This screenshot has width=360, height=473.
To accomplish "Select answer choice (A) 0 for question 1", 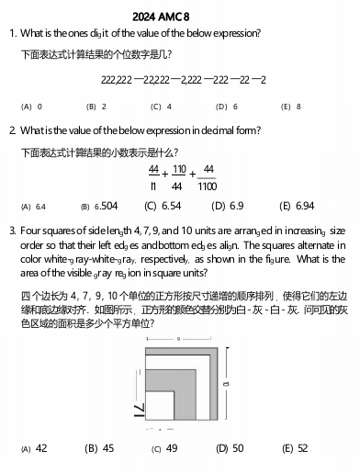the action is click(32, 107).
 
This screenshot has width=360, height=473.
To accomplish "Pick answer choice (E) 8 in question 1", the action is click(291, 107).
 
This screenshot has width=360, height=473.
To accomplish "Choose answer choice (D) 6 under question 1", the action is click(227, 107).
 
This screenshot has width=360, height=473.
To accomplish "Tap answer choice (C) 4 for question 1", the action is click(162, 107).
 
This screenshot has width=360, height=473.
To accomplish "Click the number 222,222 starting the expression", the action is click(116, 81).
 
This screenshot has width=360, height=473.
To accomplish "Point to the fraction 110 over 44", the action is click(179, 177).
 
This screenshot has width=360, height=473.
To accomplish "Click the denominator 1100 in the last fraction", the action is click(208, 186).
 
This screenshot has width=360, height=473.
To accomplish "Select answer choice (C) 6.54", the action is click(164, 207).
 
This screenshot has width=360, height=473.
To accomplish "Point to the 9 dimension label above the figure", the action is click(179, 342).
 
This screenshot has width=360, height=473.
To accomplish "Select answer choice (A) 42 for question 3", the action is click(35, 448).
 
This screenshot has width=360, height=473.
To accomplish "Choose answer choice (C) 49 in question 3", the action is click(164, 448).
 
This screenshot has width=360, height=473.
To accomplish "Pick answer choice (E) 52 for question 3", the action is click(295, 448).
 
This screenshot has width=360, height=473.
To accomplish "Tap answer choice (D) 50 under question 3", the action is click(230, 448).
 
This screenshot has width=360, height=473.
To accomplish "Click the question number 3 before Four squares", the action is click(12, 229).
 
